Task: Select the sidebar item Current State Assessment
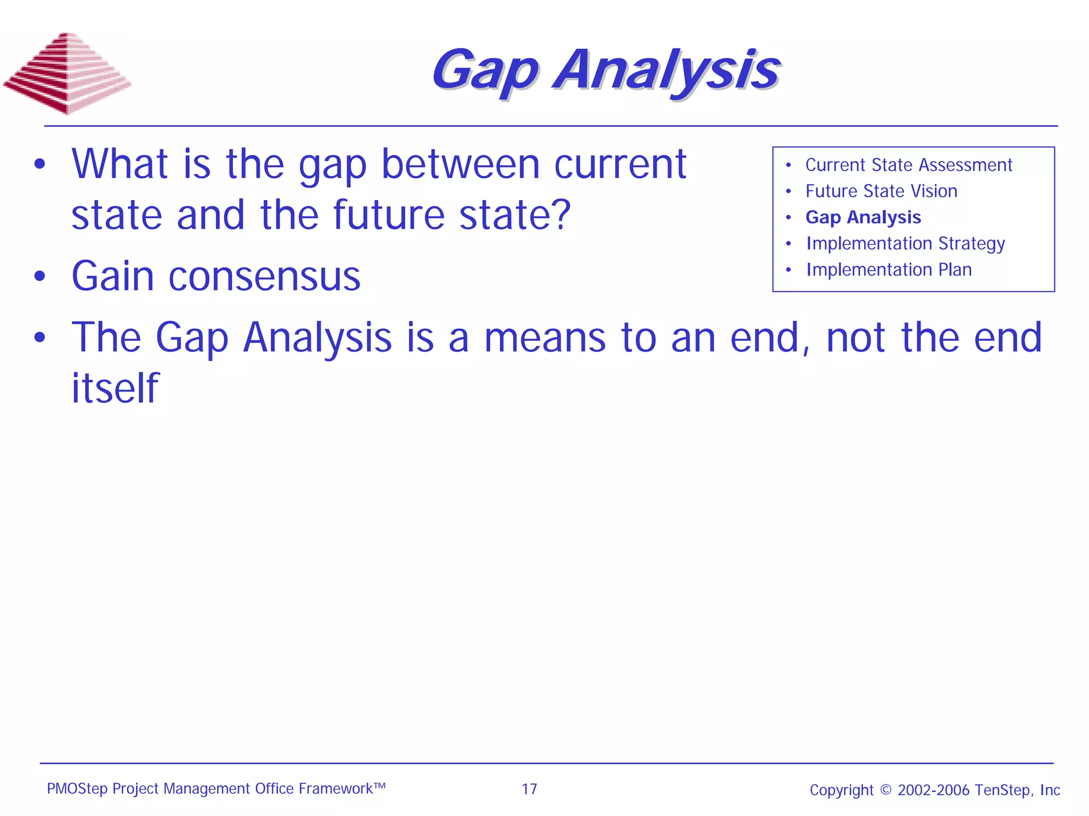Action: click(x=908, y=165)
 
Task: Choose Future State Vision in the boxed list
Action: click(x=881, y=191)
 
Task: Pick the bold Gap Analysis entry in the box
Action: click(x=863, y=217)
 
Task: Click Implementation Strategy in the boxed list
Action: click(x=905, y=244)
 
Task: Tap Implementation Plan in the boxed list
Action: click(x=889, y=270)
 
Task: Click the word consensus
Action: click(x=264, y=277)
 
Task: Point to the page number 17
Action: click(x=529, y=789)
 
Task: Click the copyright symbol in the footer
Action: click(x=885, y=790)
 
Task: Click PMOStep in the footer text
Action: click(x=77, y=789)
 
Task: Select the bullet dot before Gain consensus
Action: click(x=39, y=277)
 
